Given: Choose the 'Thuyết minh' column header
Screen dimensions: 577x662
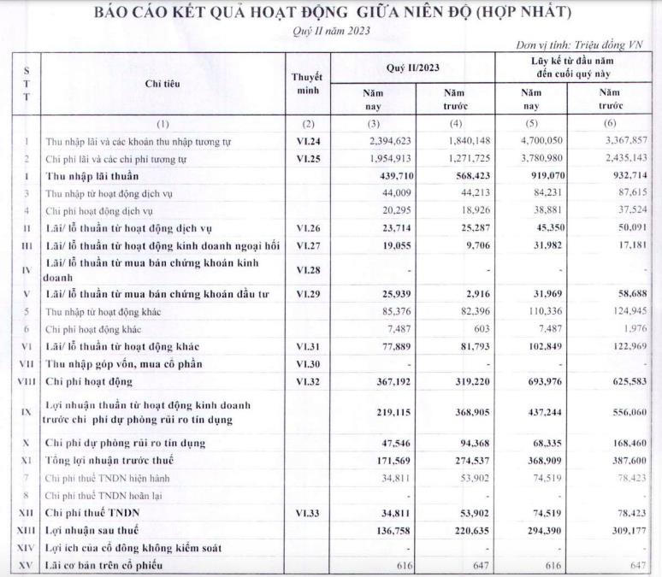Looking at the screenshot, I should pyautogui.click(x=307, y=83).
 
